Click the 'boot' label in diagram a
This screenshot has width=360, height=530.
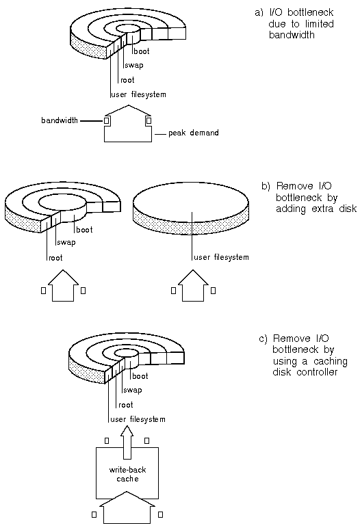142,51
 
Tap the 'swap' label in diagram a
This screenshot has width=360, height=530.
134,65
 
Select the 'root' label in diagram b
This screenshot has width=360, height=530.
56,258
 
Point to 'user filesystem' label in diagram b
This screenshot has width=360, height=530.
222,257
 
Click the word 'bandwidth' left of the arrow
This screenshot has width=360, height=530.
60,120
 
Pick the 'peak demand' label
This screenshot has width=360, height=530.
194,133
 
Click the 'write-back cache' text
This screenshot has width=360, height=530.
127,474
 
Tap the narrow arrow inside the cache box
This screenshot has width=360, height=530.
127,442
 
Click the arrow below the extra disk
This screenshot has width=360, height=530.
193,286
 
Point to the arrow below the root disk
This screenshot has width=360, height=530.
63,286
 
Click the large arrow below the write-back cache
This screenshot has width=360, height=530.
127,508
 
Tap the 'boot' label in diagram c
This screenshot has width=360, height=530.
140,376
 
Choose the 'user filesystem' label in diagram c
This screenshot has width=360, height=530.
138,419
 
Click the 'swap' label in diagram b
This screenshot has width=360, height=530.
66,243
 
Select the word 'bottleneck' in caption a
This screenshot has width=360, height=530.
310,12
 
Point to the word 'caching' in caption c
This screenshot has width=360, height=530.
331,362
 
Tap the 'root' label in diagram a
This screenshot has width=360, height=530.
127,80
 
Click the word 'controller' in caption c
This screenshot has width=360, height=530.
317,372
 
